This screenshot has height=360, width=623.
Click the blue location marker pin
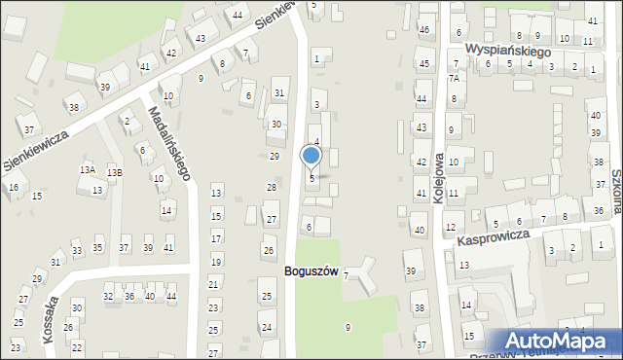pos(311,157)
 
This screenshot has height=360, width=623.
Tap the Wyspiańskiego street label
pos(507,49)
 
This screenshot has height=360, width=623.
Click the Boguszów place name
pos(311,271)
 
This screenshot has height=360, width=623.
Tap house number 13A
pos(88,169)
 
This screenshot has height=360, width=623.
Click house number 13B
pos(115,172)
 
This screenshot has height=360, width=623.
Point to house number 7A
pos(453,79)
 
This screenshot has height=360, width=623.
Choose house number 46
pos(423,30)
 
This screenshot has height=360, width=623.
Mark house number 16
pos(14,187)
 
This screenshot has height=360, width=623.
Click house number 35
pos(97,248)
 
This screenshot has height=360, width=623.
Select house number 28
pos(272,187)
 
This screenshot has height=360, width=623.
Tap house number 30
pos(276,125)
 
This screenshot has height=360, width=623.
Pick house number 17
pos(216,238)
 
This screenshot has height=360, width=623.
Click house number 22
pos(77,347)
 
